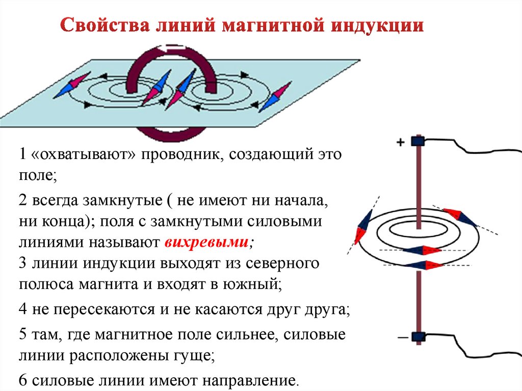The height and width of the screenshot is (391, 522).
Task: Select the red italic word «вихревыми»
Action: point(207,243)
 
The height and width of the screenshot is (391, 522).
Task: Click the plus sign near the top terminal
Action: point(401,143)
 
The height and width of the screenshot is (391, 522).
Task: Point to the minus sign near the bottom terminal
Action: point(401,337)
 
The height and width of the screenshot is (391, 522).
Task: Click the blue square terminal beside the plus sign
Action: point(419,141)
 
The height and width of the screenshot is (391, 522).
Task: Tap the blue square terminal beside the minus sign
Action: point(419,336)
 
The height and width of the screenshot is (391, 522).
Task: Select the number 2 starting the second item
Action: point(22,200)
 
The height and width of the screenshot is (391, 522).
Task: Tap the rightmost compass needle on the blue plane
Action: point(275,96)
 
